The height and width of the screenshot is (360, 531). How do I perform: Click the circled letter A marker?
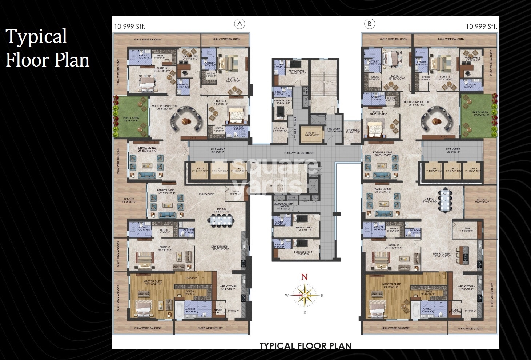point(239,24)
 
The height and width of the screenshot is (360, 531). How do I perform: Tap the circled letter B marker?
point(369,24)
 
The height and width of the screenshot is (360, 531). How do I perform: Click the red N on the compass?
point(305,277)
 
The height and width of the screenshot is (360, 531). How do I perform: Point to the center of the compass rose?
point(304,295)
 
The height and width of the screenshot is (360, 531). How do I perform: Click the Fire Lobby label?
point(333,130)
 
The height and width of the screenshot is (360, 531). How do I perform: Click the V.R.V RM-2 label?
point(353,131)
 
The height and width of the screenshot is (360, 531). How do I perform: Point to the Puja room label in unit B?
point(467,229)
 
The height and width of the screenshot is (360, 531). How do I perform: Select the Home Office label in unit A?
point(189,57)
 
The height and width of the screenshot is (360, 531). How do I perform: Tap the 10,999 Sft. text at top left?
point(130,26)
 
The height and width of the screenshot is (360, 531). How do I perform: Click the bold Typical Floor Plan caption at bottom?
point(305,345)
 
